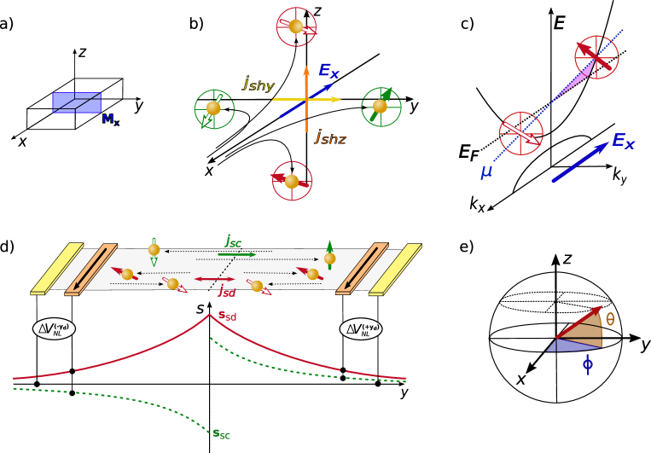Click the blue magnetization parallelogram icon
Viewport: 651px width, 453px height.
(77, 102)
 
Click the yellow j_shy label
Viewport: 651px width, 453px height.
(258, 84)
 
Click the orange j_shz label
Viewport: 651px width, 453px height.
(330, 136)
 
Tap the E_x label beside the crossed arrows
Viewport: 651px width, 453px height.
(329, 71)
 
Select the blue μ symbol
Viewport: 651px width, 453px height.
(486, 171)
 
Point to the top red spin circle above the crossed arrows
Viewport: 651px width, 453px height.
(296, 27)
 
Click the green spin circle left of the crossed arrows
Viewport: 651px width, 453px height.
(214, 109)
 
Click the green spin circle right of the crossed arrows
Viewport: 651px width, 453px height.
(381, 107)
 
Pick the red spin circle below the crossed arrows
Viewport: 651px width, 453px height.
(292, 181)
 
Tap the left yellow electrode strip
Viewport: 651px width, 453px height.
(57, 269)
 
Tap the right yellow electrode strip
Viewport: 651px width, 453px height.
(395, 269)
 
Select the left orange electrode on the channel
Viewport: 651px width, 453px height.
(91, 269)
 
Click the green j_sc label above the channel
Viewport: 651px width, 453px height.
(233, 241)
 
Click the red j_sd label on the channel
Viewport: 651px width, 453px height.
(226, 292)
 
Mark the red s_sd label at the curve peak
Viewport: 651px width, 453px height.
(227, 317)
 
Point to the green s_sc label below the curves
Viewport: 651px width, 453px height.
(221, 434)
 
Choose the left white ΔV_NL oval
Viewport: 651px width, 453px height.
(54, 328)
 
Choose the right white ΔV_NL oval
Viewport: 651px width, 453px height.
(361, 328)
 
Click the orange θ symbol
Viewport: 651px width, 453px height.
(610, 319)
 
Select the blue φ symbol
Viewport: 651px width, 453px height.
(588, 364)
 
